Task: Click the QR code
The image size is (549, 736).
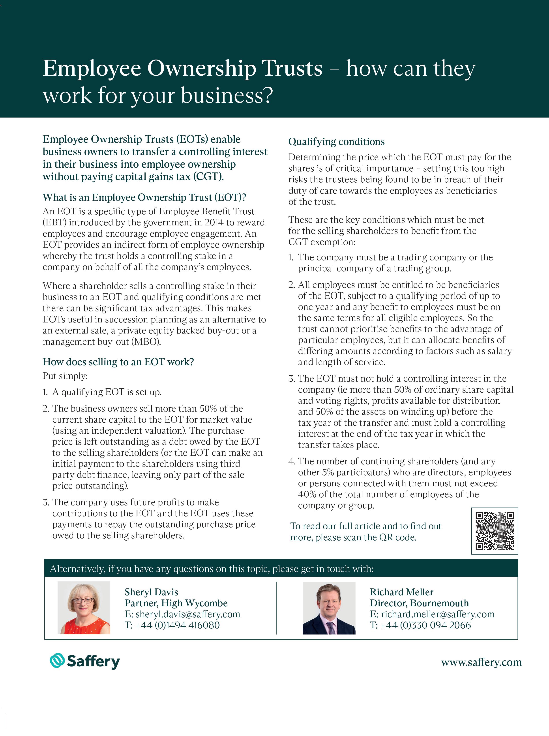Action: point(495,531)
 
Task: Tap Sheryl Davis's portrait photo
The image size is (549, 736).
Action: point(84,608)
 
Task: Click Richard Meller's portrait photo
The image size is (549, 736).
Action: point(329,608)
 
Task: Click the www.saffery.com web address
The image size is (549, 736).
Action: point(481,662)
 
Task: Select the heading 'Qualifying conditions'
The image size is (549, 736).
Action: point(336,142)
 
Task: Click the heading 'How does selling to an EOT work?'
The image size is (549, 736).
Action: point(118,362)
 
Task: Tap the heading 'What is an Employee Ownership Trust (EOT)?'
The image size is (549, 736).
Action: point(144,197)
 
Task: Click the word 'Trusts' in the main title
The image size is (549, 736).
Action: point(292,69)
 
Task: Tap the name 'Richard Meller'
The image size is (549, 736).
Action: point(401,592)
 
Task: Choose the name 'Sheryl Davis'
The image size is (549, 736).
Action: point(151,592)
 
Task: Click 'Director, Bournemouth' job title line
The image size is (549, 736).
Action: point(419,603)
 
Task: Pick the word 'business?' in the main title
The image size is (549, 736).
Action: point(227,96)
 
